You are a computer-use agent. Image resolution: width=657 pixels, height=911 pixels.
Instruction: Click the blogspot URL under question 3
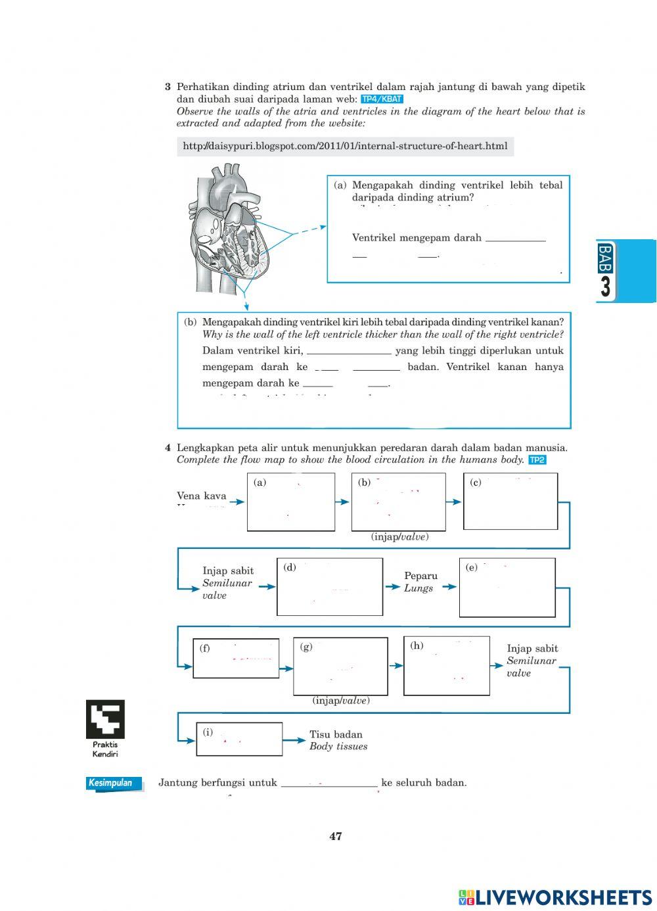coord(345,146)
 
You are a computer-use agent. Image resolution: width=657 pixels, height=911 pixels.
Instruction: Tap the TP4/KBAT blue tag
coord(382,99)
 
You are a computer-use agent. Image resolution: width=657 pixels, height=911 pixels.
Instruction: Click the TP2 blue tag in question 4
coord(537,460)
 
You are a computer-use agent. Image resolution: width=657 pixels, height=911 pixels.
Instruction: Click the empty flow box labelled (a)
coord(290,502)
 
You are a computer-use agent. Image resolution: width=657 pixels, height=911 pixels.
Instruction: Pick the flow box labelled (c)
coord(510,501)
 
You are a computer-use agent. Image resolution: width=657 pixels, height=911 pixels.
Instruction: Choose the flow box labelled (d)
coord(330,587)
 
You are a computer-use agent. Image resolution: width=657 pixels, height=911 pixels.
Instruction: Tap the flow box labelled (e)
coord(507,588)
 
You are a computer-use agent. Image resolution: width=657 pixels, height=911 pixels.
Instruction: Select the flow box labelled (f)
coord(236,658)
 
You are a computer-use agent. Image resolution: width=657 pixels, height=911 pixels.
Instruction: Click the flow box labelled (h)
coord(446,666)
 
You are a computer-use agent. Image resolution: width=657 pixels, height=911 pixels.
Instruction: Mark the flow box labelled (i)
coord(239,739)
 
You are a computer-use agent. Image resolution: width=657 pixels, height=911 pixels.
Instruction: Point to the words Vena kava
coord(201,496)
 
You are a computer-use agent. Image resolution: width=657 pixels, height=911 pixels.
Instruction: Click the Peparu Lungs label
coord(420,582)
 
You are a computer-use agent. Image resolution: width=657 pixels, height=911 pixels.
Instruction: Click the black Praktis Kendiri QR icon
coord(105,719)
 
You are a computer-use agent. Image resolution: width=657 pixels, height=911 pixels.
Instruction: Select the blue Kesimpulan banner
coord(114,783)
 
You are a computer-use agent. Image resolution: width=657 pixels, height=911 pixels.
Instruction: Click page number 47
coord(336,837)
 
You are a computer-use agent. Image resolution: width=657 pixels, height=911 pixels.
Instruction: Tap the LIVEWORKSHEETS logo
coord(555,898)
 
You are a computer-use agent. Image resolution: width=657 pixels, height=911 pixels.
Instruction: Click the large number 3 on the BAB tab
coord(605,287)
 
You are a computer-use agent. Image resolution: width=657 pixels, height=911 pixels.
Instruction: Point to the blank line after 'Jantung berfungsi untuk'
coord(329,783)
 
